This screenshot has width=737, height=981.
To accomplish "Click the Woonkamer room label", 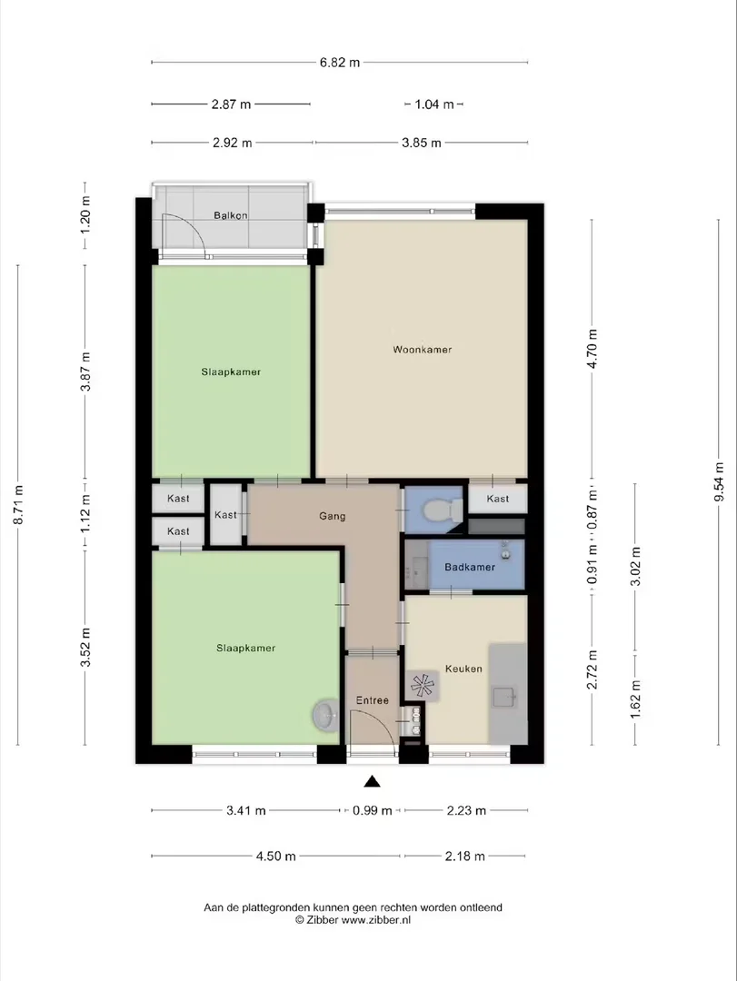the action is click(422, 350).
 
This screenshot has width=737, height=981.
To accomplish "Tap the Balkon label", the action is click(231, 215).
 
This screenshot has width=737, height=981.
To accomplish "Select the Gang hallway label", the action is click(332, 516).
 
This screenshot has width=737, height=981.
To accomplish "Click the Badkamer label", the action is click(470, 567).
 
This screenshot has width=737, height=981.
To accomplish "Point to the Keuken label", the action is click(463, 669).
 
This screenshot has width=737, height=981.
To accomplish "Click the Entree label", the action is click(372, 700).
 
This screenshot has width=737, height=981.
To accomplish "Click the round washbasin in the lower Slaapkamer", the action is click(325, 715).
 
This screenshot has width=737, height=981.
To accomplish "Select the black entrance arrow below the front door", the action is click(373, 781).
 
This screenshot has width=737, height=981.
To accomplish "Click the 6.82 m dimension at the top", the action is click(340, 63).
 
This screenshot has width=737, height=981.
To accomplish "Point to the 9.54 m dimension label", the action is click(719, 481).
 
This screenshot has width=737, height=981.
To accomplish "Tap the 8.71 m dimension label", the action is click(18, 505).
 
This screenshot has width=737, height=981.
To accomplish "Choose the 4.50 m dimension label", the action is click(275, 856).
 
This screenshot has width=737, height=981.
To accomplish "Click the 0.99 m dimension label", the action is click(372, 811).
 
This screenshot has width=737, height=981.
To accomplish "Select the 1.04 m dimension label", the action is click(434, 104).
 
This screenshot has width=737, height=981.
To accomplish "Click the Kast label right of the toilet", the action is click(498, 499).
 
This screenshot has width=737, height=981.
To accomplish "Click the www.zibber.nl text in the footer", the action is click(375, 919).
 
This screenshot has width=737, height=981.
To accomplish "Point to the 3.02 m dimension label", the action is click(635, 566).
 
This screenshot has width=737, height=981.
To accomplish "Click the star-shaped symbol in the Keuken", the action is click(422, 686).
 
